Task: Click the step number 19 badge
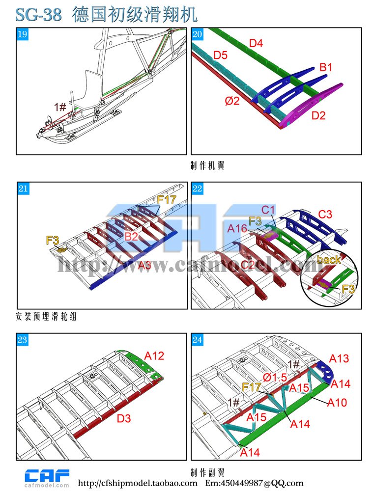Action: tap(23, 34)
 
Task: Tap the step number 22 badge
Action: tap(198, 189)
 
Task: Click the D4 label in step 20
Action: tap(256, 44)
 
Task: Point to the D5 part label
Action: tap(220, 55)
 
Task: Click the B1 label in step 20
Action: tap(326, 67)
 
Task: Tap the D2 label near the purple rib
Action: tap(318, 116)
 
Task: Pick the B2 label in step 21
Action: tap(131, 237)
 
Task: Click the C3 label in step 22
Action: tap(325, 215)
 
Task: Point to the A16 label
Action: tap(237, 228)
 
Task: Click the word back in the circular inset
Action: tap(329, 259)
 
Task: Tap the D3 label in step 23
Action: tap(124, 419)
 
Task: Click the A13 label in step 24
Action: tap(339, 359)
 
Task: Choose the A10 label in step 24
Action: tap(337, 403)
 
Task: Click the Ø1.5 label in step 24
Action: tap(274, 378)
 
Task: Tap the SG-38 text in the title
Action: tap(39, 15)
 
